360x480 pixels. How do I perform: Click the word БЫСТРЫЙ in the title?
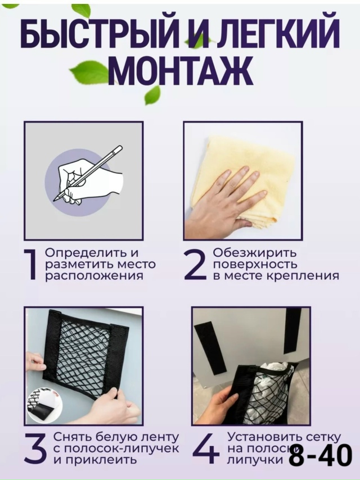(101, 35)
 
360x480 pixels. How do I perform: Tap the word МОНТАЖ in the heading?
(179, 70)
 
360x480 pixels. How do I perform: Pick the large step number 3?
(35, 448)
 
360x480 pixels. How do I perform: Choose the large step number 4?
(206, 448)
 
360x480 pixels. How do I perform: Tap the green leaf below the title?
(152, 96)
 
